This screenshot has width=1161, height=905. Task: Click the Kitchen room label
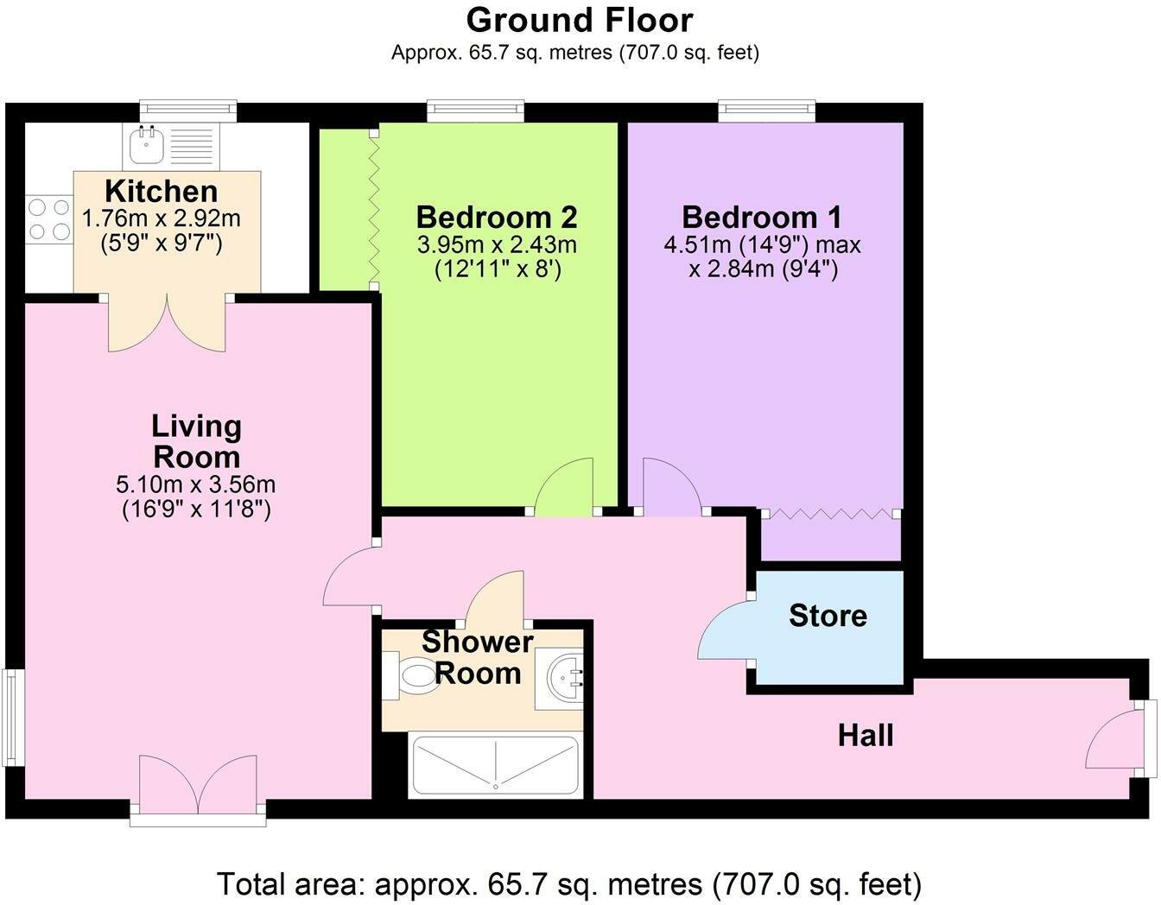[x=161, y=191]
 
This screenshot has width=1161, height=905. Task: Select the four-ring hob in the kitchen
[x=48, y=219]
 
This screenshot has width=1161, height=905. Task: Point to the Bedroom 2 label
[x=496, y=217]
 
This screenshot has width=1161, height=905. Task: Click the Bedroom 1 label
[x=761, y=217]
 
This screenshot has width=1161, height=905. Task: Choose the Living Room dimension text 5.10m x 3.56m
[x=196, y=485]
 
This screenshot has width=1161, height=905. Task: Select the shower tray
[x=496, y=764]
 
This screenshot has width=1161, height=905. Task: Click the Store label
[x=827, y=616]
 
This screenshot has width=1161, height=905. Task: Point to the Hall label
[x=866, y=736]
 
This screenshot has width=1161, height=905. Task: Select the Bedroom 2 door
[x=565, y=488]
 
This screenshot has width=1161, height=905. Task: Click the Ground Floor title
[x=580, y=19]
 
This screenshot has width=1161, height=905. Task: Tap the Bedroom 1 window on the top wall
[x=766, y=110]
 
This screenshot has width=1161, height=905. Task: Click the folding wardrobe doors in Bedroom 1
[x=829, y=515]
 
